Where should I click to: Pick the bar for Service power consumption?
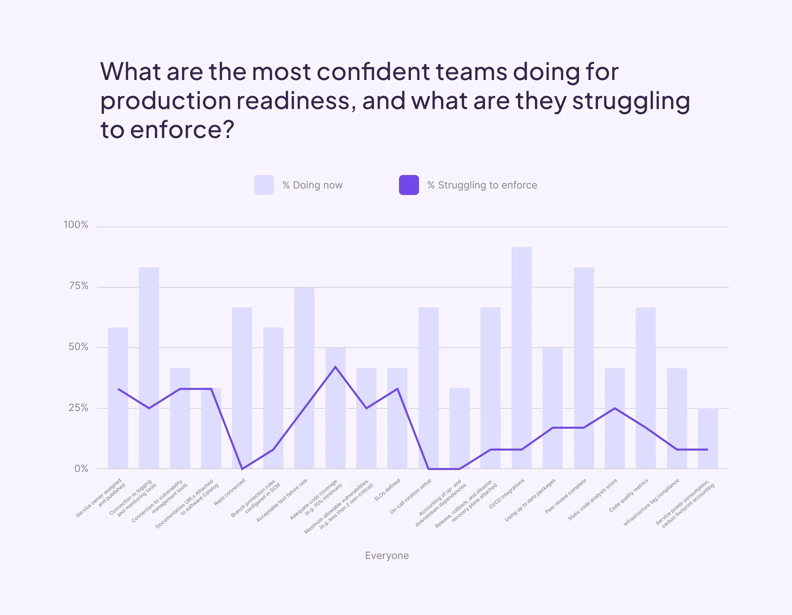coord(708,438)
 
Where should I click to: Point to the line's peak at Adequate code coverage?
coord(335,367)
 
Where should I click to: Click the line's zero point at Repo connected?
coord(242,469)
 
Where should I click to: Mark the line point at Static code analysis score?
coord(615,408)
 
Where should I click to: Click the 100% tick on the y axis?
coord(76,225)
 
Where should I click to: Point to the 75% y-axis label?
coord(78,286)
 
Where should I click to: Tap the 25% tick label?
coord(78,408)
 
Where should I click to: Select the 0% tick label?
coord(81,469)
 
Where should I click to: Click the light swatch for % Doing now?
coord(264,185)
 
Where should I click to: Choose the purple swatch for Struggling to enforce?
coord(409,185)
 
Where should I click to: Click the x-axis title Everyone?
coord(387,556)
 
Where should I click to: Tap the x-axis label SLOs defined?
coord(387,490)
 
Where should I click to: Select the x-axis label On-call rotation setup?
coord(411,496)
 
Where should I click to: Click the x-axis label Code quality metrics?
coord(629,495)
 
